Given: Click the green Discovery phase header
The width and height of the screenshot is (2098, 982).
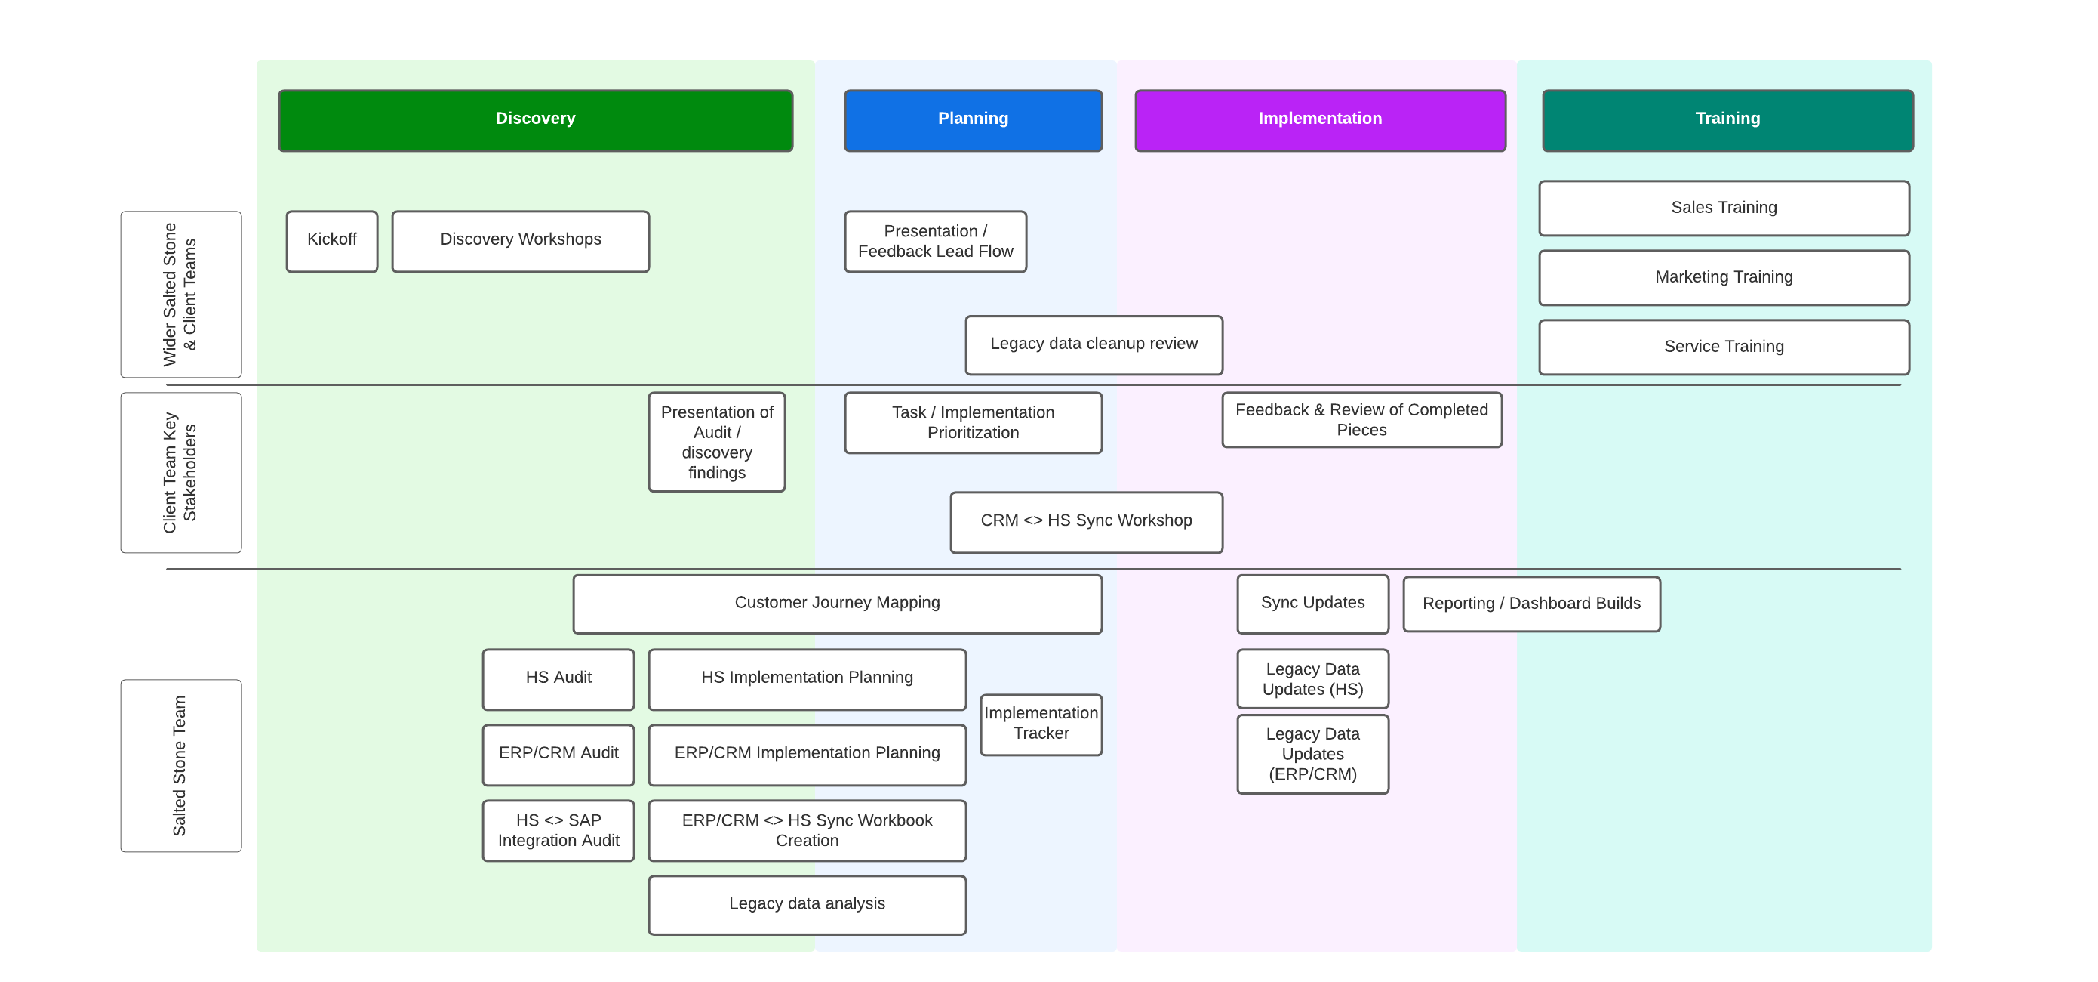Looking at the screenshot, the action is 535,120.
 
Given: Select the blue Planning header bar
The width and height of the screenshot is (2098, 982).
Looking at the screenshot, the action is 973,120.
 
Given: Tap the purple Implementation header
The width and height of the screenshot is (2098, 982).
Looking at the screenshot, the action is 1319,120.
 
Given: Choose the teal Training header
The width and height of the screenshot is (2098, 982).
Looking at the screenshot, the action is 1727,120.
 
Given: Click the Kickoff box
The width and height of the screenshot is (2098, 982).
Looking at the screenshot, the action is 331,241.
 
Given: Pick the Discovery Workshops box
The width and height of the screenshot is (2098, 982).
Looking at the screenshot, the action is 521,241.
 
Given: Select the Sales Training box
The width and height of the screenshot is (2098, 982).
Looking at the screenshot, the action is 1724,208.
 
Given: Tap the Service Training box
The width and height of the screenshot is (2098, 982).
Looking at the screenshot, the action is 1724,347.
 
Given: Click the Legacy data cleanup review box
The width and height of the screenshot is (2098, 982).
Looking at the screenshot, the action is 1094,344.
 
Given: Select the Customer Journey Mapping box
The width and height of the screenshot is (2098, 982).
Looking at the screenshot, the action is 837,604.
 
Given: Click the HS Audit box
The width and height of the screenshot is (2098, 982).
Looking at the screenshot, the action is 558,679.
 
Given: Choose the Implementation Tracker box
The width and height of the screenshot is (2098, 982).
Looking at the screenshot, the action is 1041,724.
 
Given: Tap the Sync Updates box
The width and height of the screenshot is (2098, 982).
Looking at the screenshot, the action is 1312,604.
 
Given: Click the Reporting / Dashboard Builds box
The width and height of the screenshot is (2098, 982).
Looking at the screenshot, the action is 1531,604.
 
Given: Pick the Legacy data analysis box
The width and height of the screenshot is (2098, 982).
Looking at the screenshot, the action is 807,905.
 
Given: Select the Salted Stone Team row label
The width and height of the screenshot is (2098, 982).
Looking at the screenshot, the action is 181,765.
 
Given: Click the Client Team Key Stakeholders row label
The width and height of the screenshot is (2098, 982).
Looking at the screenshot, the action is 181,473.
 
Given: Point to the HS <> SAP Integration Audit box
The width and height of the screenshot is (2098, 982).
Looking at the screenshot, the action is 558,830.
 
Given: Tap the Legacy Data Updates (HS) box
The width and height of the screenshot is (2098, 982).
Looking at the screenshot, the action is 1312,679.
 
